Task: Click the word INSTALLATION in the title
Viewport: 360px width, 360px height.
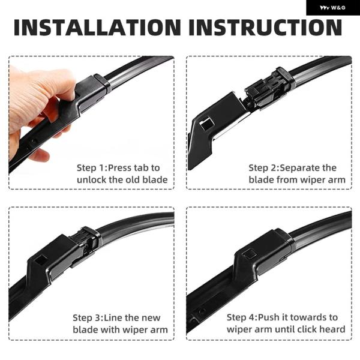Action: click(98, 28)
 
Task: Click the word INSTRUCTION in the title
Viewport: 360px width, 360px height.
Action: click(265, 28)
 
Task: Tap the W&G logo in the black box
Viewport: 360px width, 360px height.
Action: click(332, 8)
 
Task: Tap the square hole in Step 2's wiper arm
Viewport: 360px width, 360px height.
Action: click(206, 124)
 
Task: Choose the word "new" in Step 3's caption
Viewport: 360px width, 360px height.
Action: click(151, 318)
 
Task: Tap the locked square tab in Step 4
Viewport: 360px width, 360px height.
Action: click(250, 254)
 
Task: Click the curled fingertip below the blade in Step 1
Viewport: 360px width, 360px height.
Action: click(40, 155)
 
